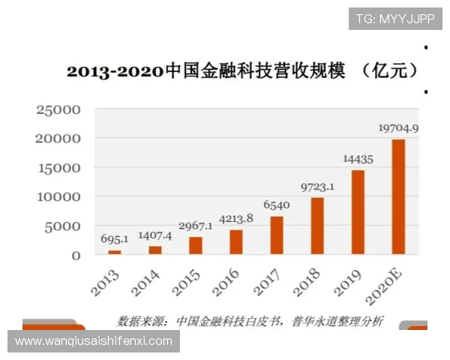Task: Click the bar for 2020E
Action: pos(398,196)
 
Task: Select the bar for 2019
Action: pos(358,212)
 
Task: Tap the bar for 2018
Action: pos(317,226)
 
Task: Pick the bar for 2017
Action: pos(277,235)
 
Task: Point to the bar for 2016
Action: pos(236,241)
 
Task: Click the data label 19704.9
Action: pos(397,127)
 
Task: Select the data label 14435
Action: pos(358,159)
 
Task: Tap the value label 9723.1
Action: pos(317,186)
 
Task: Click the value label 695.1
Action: pos(115,239)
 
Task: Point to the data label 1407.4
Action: pos(155,235)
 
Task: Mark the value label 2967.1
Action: pos(196,226)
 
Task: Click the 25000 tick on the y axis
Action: pos(58,110)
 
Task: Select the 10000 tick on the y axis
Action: pos(58,197)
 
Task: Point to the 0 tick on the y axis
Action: pos(76,256)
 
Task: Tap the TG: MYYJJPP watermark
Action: pos(394,19)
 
